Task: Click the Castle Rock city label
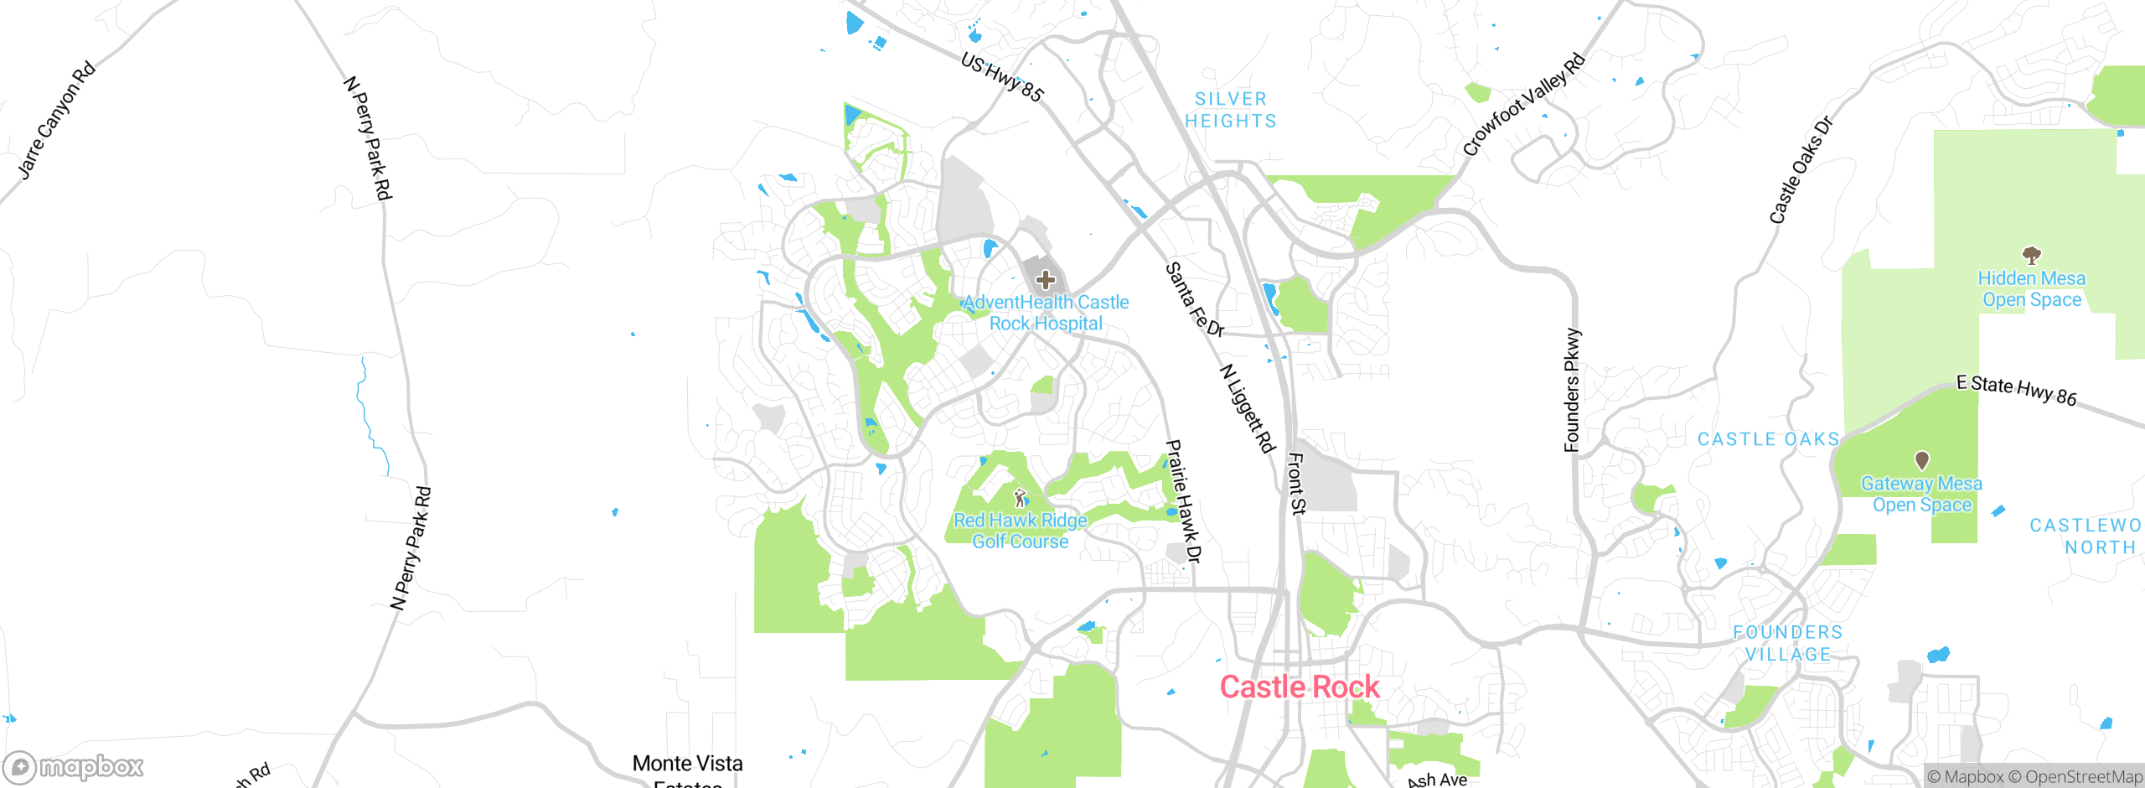(1299, 687)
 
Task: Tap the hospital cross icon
(1045, 280)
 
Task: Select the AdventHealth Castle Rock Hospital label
(1046, 313)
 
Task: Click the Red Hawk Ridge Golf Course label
(1021, 531)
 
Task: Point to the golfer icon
(1020, 498)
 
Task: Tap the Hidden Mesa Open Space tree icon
(2031, 255)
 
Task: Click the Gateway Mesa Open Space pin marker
(1922, 460)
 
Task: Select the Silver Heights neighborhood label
(1231, 110)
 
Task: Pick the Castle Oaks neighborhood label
(1768, 439)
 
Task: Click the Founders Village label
(1788, 643)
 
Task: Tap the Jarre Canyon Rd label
(57, 121)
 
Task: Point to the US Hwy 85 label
(1002, 77)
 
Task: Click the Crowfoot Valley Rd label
(1524, 104)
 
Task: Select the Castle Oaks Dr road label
(1801, 169)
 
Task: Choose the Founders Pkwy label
(1572, 390)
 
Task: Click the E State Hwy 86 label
(2016, 390)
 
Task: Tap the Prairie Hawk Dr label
(1184, 501)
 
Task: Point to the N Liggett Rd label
(1247, 408)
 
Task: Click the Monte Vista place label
(687, 764)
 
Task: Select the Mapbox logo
(74, 767)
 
